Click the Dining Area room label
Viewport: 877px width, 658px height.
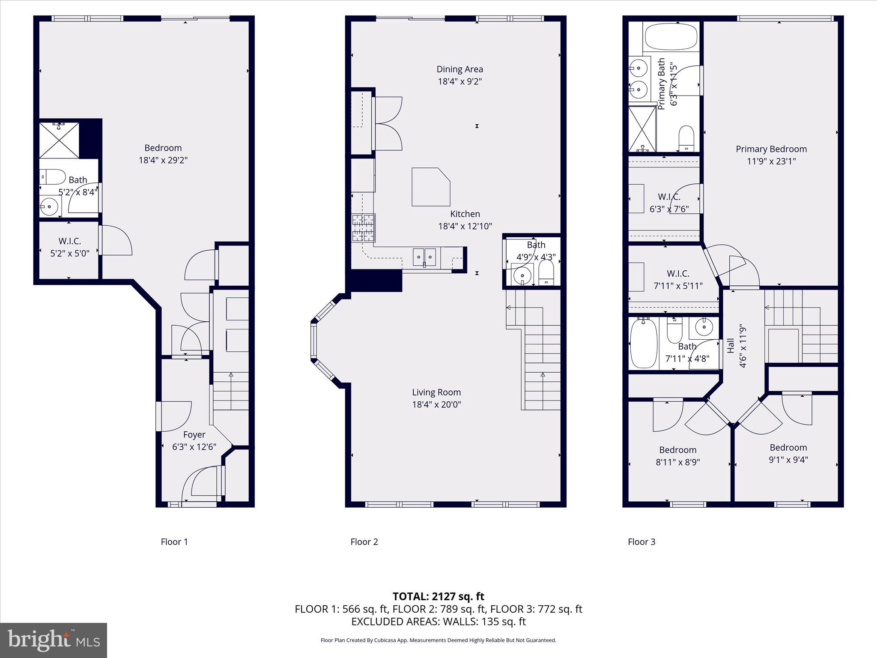(x=459, y=69)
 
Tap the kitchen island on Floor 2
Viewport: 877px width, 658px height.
(x=430, y=187)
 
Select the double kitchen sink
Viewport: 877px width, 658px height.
(x=424, y=257)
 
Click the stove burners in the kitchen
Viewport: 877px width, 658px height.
(x=364, y=228)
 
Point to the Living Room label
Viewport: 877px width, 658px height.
(x=436, y=392)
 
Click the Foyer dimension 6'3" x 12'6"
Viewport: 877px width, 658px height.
(x=194, y=447)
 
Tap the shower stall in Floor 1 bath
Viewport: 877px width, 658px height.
(x=59, y=140)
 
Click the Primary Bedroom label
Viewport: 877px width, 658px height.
(x=771, y=149)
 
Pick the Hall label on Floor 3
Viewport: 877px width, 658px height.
(x=731, y=345)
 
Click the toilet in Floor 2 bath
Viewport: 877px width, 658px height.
(x=546, y=273)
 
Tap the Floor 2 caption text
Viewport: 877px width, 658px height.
(x=364, y=542)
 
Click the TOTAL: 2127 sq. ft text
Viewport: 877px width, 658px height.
(x=438, y=596)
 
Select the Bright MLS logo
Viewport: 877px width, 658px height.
(x=54, y=640)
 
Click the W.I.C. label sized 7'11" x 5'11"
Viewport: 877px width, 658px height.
(x=678, y=273)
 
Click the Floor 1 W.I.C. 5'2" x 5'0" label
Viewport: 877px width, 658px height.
(x=70, y=241)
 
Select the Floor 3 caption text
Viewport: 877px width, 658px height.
(x=641, y=542)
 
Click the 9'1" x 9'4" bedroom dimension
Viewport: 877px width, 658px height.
(x=788, y=460)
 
